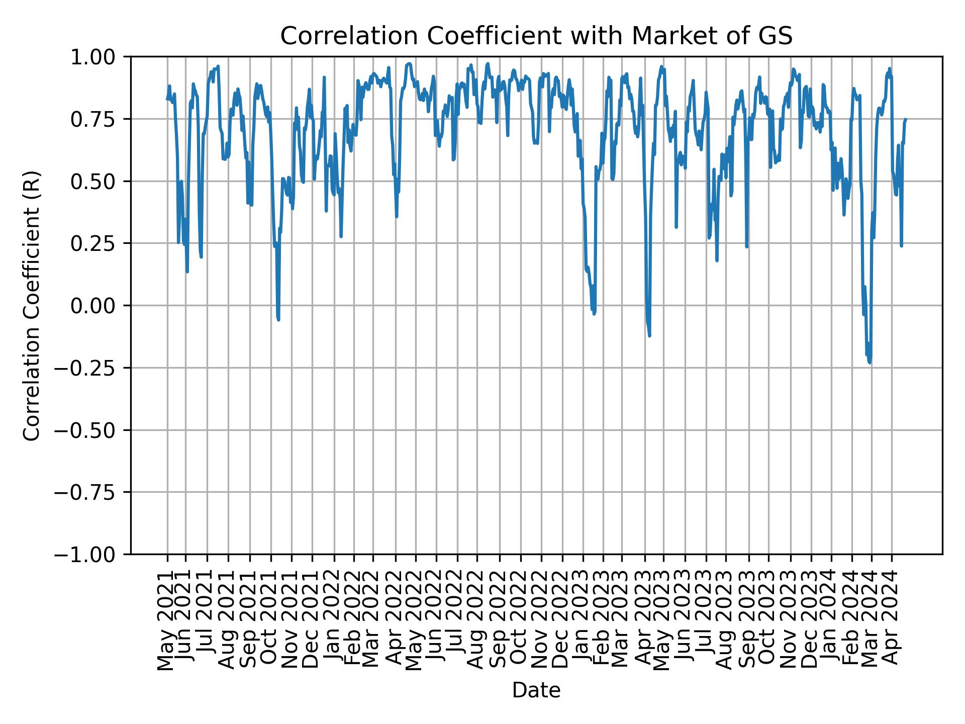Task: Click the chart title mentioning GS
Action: [x=536, y=36]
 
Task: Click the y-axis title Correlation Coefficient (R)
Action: [x=32, y=306]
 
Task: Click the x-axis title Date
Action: [x=536, y=691]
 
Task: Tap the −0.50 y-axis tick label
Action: [x=92, y=430]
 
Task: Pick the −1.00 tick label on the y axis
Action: [x=92, y=555]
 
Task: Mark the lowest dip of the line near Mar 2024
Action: [x=870, y=363]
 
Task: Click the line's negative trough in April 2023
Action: [x=649, y=335]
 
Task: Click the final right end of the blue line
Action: [x=905, y=119]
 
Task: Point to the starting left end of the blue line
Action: [x=167, y=99]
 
